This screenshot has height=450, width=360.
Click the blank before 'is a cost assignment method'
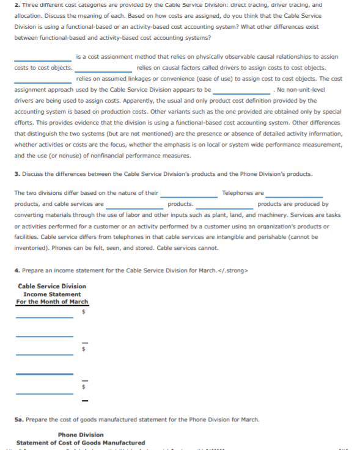(43, 59)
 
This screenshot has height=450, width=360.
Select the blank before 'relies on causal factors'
(105, 70)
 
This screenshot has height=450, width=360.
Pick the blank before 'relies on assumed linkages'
(43, 82)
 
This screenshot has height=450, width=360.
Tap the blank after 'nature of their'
(189, 196)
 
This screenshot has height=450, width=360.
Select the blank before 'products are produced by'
(225, 207)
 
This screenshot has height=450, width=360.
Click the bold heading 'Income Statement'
(52, 294)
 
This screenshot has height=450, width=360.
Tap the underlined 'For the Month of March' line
(52, 302)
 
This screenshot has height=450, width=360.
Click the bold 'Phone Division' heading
(81, 435)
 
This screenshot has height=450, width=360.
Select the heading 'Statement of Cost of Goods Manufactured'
(81, 443)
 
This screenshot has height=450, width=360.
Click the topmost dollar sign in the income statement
(84, 313)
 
